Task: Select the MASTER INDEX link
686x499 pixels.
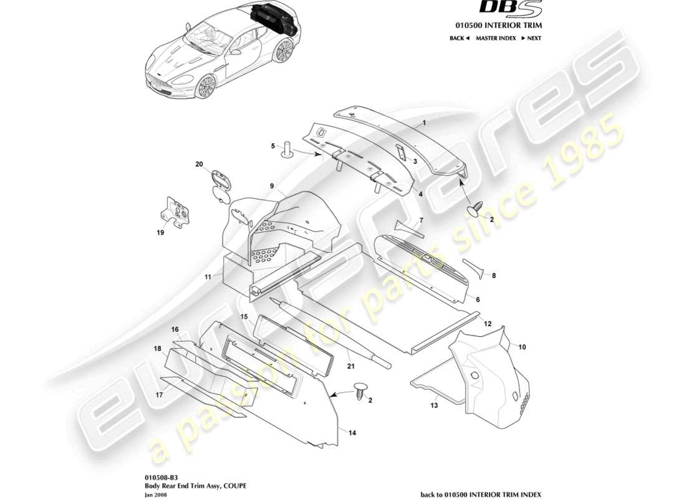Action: click(x=495, y=39)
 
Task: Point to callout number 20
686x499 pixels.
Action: click(x=200, y=165)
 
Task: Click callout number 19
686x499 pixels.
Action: click(x=160, y=233)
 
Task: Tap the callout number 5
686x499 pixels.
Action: click(x=273, y=147)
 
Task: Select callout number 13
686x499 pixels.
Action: click(x=434, y=405)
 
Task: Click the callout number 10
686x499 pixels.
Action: click(x=522, y=346)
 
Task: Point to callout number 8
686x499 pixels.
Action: click(x=494, y=275)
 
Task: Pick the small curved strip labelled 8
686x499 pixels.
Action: click(x=476, y=266)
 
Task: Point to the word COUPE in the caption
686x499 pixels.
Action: click(x=226, y=485)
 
